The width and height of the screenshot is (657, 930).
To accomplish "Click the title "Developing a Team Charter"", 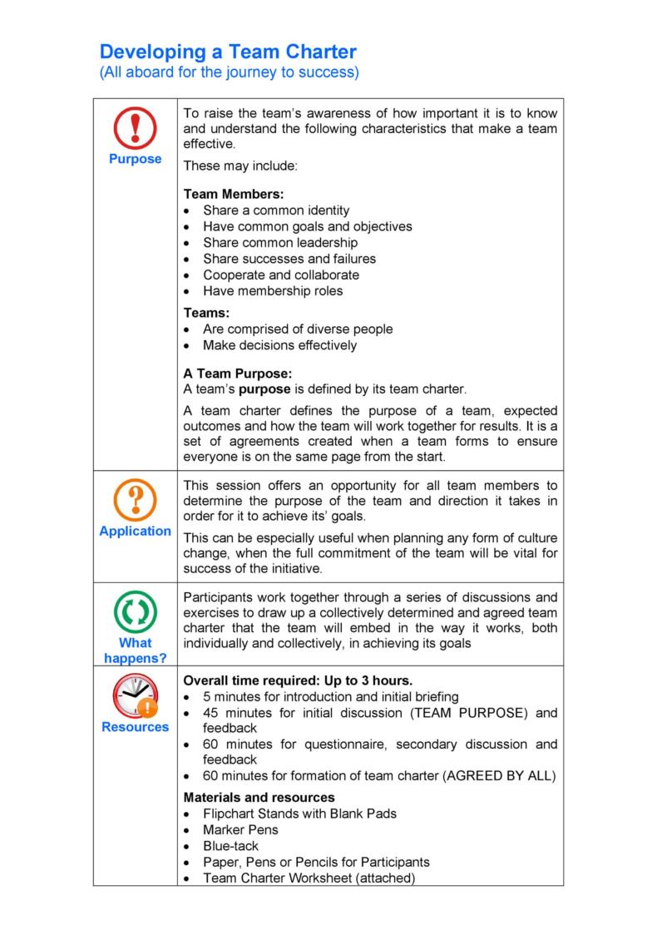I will (228, 52).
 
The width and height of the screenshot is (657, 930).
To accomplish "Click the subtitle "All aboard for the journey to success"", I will (229, 72).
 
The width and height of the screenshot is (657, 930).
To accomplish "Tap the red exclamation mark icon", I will (135, 129).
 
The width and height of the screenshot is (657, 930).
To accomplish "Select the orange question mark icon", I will (135, 501).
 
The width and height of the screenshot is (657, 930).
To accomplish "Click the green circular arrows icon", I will (135, 613).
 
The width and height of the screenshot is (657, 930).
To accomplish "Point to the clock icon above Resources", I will (134, 695).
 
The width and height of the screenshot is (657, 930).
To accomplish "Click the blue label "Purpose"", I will (135, 159).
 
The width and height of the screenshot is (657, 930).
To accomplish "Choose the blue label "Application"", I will (135, 531).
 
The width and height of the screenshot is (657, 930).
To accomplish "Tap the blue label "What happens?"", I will (135, 650).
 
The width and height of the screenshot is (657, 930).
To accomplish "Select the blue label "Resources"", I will (135, 726).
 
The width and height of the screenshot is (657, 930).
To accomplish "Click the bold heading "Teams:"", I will (206, 313).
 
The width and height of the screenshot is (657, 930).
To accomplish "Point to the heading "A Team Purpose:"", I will (237, 373).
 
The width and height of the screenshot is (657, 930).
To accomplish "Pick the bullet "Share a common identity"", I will (276, 210).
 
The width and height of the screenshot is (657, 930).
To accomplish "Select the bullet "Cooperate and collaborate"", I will (281, 275).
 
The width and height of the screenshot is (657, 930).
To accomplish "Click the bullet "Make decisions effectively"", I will (279, 345).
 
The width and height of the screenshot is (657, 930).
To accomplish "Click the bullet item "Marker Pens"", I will (240, 829).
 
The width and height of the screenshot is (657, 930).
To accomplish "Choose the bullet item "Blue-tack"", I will (232, 845).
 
